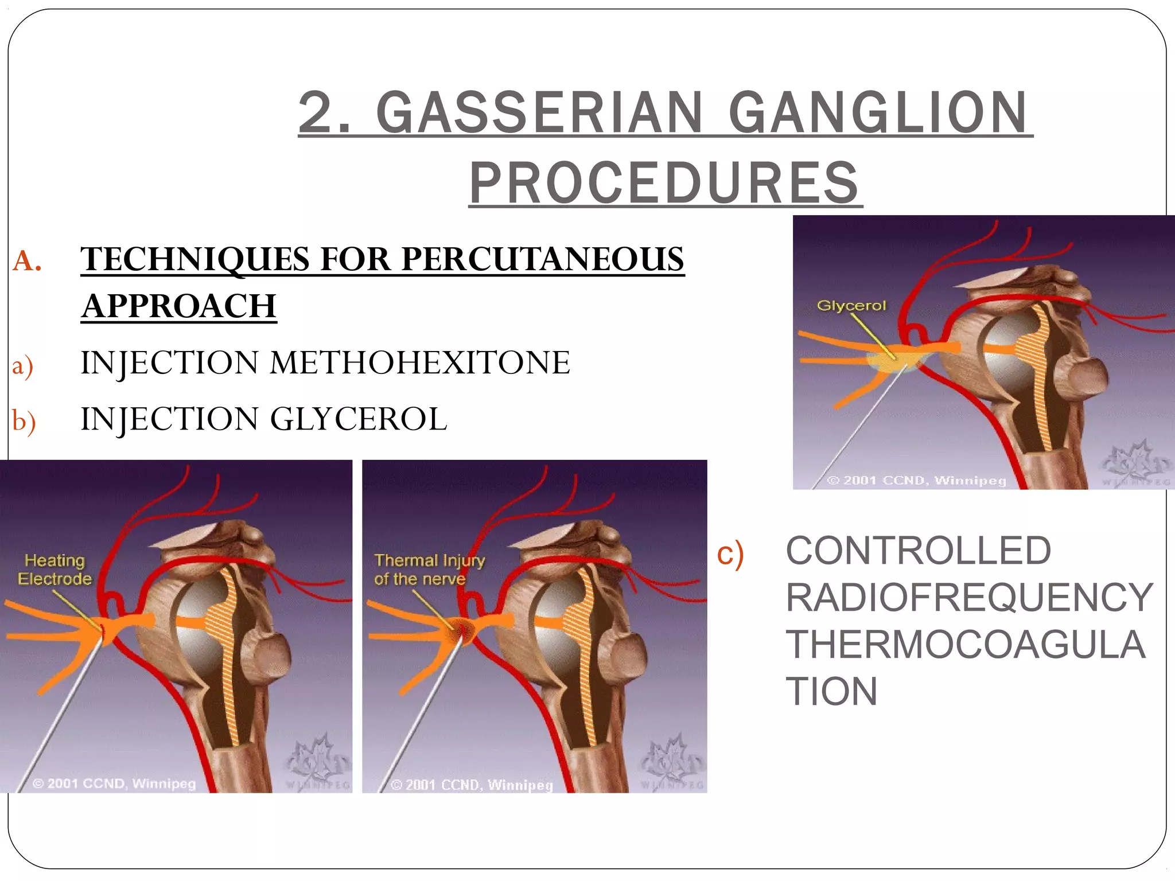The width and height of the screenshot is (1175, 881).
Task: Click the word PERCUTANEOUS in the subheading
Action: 542,259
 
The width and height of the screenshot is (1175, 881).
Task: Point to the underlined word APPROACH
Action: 179,306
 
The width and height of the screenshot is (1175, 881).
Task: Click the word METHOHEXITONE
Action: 419,363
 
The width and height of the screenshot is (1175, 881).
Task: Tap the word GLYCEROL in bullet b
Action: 358,419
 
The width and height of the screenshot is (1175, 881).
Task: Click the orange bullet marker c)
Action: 730,554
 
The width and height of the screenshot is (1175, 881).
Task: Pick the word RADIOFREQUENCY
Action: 969,598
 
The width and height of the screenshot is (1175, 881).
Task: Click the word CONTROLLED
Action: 918,551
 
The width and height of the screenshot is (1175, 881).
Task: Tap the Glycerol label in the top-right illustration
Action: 851,306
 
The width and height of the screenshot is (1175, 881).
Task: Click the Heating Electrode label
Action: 55,570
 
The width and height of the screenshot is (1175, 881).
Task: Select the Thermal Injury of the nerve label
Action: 429,570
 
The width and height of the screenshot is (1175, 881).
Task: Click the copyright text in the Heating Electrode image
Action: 114,783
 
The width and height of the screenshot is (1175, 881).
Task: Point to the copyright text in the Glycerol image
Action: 916,480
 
